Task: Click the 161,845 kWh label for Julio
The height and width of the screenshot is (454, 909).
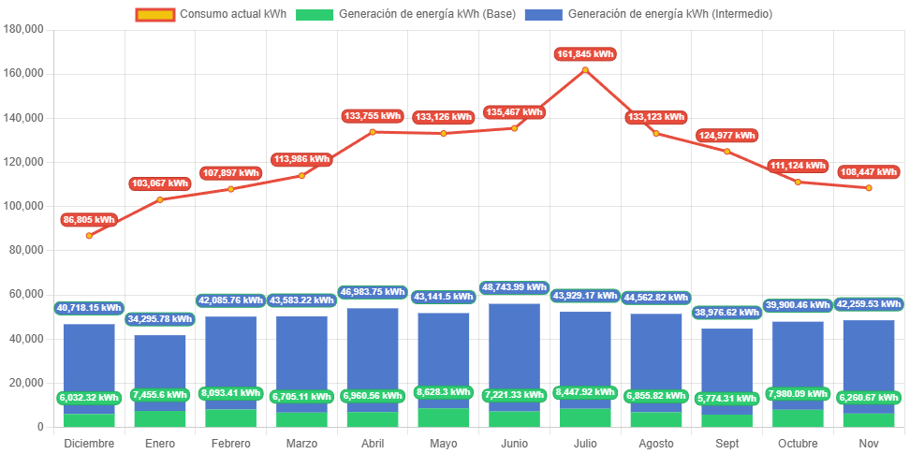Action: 585,54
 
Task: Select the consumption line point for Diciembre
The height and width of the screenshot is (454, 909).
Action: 89,236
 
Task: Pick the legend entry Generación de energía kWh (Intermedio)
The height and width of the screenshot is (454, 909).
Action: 649,14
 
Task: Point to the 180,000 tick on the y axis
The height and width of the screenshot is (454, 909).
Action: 25,29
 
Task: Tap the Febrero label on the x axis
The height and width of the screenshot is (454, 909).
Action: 230,443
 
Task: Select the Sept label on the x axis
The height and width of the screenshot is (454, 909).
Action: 726,443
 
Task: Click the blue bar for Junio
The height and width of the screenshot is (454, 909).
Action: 514,356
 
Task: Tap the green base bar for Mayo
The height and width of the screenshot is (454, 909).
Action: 443,417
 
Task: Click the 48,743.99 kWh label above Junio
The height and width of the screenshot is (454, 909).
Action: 514,287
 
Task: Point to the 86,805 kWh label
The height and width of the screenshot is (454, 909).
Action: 89,220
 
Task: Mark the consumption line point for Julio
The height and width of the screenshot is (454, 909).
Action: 585,70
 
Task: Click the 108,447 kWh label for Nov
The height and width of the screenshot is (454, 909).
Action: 868,172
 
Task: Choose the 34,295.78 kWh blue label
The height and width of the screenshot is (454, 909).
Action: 160,319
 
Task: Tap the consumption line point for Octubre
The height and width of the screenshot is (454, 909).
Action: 798,182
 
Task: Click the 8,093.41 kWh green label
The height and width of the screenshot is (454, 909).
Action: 230,396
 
